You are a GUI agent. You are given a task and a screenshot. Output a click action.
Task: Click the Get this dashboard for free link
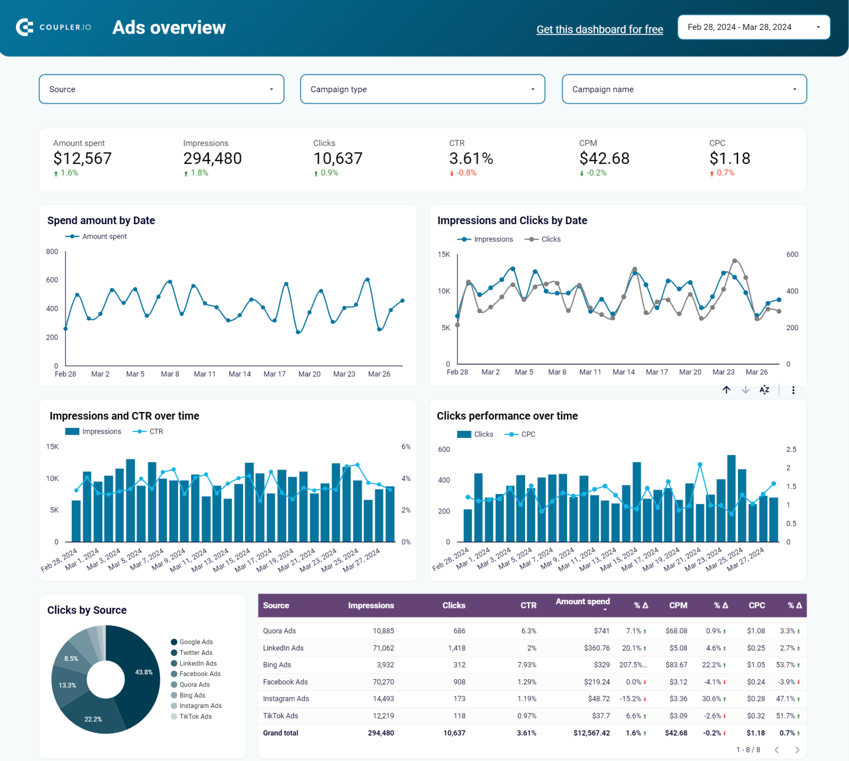[x=599, y=29]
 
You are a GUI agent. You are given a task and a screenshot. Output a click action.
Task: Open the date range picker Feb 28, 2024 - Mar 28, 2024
[x=753, y=27]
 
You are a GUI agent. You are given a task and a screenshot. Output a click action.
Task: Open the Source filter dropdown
[x=161, y=89]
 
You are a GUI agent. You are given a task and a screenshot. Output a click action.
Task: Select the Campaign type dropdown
[x=422, y=89]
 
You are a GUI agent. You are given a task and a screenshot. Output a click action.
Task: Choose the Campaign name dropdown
[x=684, y=89]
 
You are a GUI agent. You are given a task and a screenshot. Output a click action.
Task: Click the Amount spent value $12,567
[x=82, y=158]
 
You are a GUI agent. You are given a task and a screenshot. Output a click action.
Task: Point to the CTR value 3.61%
[x=470, y=158]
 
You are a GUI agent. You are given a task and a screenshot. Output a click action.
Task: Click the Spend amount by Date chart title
[x=101, y=220]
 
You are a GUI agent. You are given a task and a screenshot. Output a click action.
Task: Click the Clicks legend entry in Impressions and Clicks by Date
[x=550, y=239]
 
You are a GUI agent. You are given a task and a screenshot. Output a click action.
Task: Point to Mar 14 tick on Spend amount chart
[x=239, y=374]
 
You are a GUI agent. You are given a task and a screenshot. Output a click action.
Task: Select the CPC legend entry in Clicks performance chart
[x=527, y=434]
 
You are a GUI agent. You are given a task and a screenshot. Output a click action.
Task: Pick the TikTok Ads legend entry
[x=195, y=716]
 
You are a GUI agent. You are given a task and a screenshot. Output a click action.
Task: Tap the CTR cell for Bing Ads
[x=526, y=665]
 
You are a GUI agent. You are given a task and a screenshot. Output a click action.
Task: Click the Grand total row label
[x=280, y=733]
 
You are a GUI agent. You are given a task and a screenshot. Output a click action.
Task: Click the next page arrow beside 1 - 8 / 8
[x=797, y=750]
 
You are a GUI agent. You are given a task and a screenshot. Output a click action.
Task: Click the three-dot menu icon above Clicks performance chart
[x=793, y=390]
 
